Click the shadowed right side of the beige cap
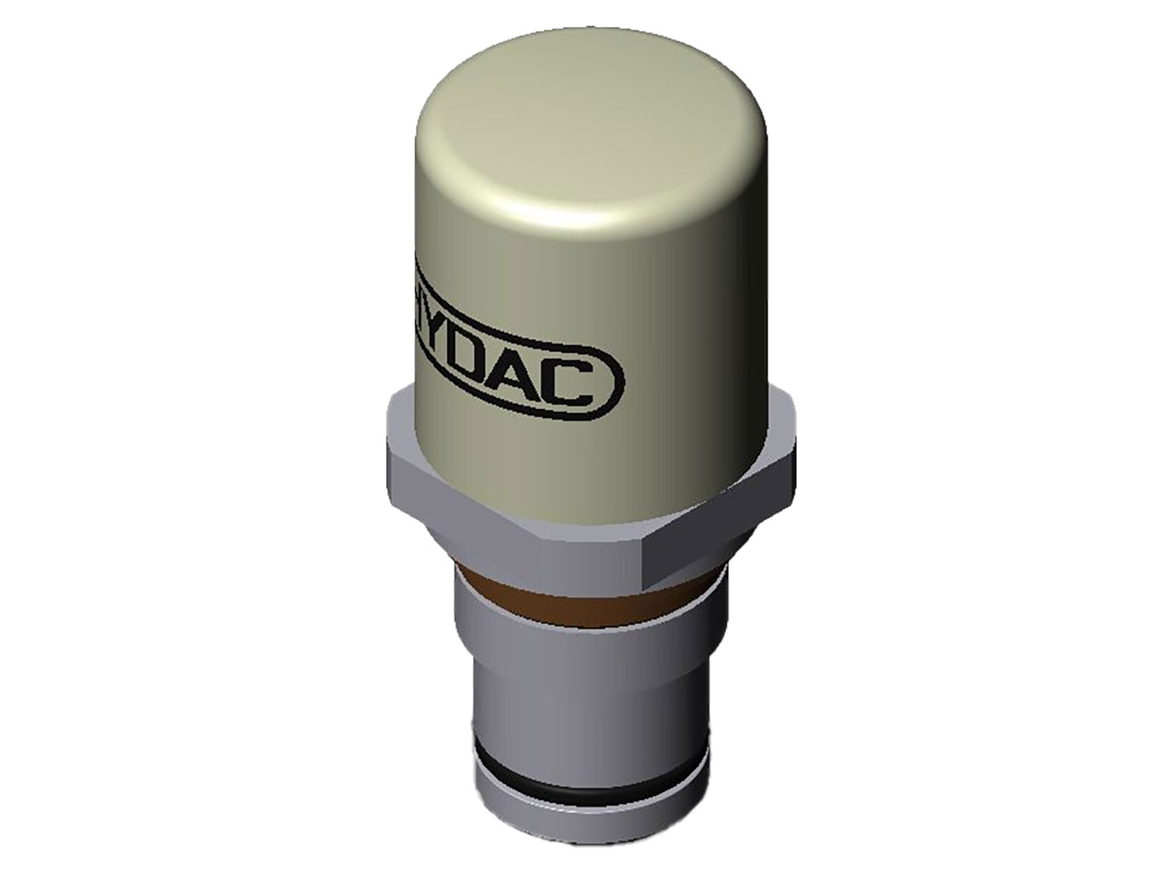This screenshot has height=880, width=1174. [x=741, y=330]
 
